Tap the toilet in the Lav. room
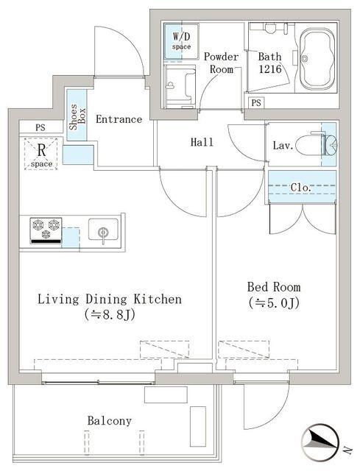click(322, 144)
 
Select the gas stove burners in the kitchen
click(45, 230)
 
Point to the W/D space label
click(181, 41)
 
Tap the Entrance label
click(119, 119)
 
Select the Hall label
click(202, 142)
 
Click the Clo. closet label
click(301, 188)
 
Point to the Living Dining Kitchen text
click(109, 300)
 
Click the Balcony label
click(109, 421)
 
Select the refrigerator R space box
click(43, 153)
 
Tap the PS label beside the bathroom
click(255, 102)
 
